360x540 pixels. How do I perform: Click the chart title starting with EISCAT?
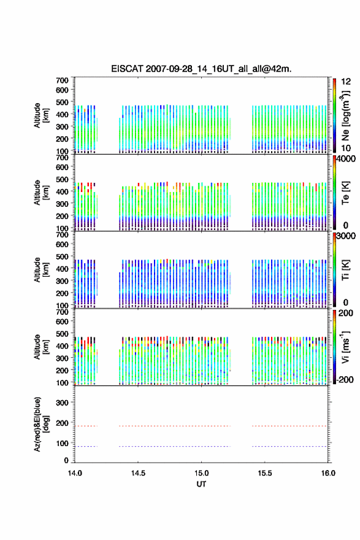click(201, 69)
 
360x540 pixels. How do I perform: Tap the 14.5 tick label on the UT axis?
click(138, 473)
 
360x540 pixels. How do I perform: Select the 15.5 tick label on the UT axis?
click(265, 473)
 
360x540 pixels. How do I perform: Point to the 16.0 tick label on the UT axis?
click(328, 473)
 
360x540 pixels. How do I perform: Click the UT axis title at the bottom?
click(201, 484)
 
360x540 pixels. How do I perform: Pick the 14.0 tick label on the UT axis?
click(75, 473)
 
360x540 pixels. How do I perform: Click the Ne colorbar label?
click(345, 116)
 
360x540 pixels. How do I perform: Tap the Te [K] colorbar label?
click(345, 193)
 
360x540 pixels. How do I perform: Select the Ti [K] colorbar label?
click(345, 269)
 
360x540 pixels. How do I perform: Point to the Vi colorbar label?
click(345, 347)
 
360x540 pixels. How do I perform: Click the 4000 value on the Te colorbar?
click(347, 159)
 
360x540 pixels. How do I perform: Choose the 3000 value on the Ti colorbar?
click(347, 236)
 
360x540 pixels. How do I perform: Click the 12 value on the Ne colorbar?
click(346, 82)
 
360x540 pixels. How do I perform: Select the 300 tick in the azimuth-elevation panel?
click(62, 403)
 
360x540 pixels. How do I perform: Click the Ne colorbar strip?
click(334, 115)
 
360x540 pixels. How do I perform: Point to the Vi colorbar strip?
click(334, 347)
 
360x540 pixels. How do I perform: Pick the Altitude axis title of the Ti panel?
click(41, 269)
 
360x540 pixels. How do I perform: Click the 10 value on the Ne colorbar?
click(346, 148)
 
